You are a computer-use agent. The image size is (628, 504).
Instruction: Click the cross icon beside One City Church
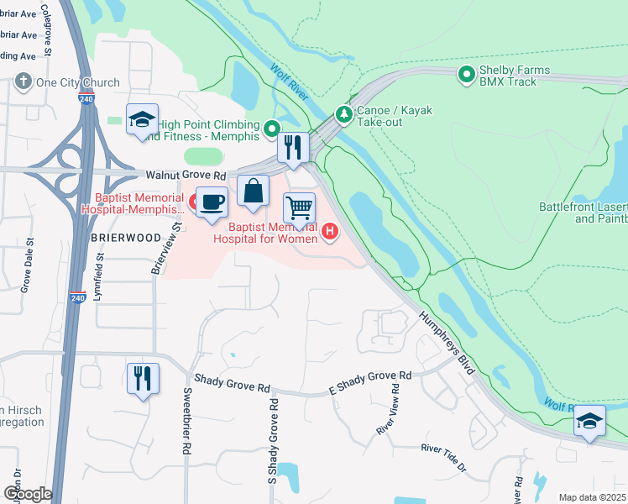pyautogui.click(x=23, y=82)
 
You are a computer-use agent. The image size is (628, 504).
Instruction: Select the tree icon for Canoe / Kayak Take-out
pyautogui.click(x=343, y=113)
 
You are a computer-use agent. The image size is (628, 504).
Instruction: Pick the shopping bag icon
pyautogui.click(x=253, y=191)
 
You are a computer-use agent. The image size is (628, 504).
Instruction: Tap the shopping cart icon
pyautogui.click(x=299, y=207)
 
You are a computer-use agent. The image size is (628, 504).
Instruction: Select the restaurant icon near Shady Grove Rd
pyautogui.click(x=142, y=377)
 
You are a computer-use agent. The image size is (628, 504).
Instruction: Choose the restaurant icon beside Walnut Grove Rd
pyautogui.click(x=293, y=147)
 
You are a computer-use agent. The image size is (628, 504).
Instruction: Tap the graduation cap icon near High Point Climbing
pyautogui.click(x=142, y=119)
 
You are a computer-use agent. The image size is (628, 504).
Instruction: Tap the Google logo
pyautogui.click(x=27, y=493)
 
